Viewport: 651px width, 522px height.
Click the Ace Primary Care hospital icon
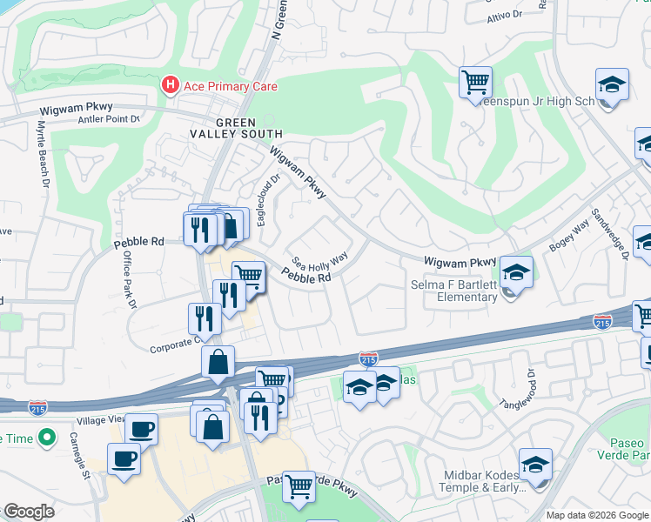(x=170, y=85)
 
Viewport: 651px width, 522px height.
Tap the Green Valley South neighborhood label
(x=238, y=128)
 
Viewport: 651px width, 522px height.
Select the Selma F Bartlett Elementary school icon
(x=516, y=273)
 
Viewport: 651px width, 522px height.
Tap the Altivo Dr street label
(x=503, y=16)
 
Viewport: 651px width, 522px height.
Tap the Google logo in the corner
(x=29, y=512)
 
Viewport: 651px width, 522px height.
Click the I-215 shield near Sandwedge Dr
(x=601, y=322)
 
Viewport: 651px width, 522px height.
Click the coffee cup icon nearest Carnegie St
(x=124, y=458)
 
